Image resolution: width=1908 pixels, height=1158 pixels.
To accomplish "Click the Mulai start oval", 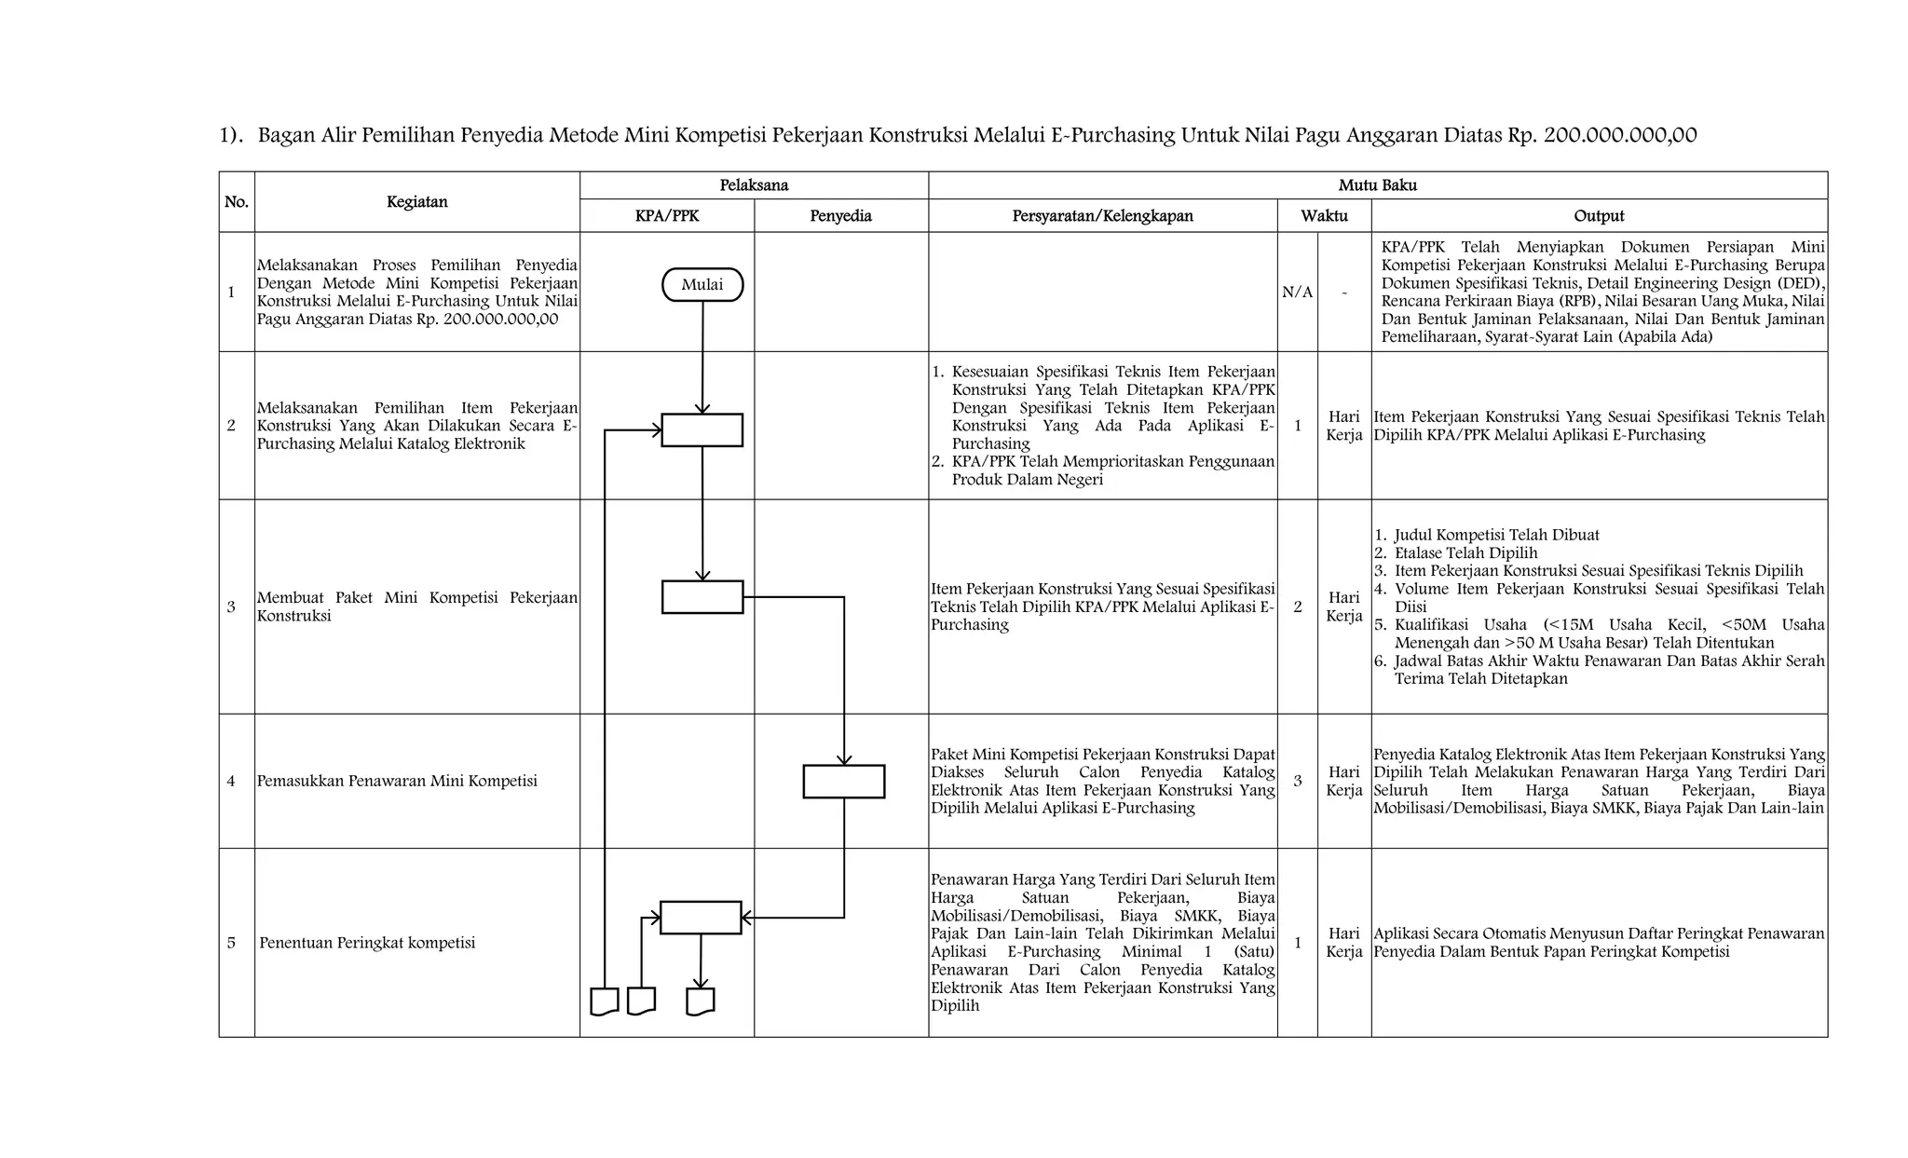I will [x=702, y=285].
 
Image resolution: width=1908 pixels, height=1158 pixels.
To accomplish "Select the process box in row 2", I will [x=702, y=430].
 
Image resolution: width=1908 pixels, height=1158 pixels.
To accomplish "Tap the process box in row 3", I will [x=702, y=597].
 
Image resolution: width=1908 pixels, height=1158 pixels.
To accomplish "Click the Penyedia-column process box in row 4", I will [x=843, y=782].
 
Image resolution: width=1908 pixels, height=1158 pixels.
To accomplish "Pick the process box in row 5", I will [x=701, y=918].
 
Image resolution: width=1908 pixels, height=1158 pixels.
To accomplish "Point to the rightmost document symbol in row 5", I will [x=700, y=1001].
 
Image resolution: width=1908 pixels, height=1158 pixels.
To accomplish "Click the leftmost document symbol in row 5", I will [x=605, y=1001].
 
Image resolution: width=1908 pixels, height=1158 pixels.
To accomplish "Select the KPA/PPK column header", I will [x=667, y=216].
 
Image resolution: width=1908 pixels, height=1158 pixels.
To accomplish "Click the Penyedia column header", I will [x=840, y=216].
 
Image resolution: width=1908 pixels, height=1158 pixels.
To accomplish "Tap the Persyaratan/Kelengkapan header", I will [x=1102, y=216].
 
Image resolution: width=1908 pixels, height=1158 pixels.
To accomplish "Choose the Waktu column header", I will [x=1324, y=216].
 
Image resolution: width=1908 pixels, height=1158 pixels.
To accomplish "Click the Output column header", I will [x=1599, y=216].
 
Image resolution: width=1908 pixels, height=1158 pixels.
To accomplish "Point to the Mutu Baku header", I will [x=1377, y=185].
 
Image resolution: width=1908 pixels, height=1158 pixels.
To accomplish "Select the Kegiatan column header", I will [x=416, y=201].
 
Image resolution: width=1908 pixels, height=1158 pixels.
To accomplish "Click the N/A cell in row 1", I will [x=1297, y=293].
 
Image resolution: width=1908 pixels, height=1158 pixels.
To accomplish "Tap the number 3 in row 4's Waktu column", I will [x=1297, y=781].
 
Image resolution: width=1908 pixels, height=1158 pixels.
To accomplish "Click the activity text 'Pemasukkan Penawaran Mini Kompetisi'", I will [x=397, y=781].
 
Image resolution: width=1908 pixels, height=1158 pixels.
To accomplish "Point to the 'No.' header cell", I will [x=237, y=201].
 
